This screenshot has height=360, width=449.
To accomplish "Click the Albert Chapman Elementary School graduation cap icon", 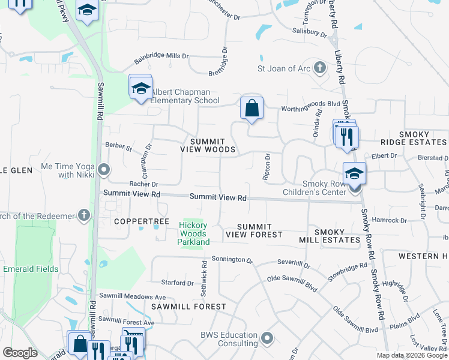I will [140, 88].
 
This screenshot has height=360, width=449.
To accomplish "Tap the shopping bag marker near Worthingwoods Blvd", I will [252, 109].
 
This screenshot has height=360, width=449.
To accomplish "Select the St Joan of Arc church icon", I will [319, 68].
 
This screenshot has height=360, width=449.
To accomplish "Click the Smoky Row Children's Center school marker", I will [355, 173].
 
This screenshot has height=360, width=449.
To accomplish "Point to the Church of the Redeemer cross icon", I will [84, 215].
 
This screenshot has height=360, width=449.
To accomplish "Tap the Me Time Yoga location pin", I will [104, 170].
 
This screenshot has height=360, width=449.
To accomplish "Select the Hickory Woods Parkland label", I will [193, 233].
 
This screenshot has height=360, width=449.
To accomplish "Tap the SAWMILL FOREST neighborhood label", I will [188, 306].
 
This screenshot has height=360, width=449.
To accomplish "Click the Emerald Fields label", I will [31, 269].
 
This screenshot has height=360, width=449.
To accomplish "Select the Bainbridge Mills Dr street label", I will [161, 56].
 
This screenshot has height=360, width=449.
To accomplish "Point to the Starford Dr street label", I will [177, 283].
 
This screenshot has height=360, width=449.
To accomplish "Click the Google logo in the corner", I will [20, 353].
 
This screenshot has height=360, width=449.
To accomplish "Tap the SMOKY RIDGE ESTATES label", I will [414, 142].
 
